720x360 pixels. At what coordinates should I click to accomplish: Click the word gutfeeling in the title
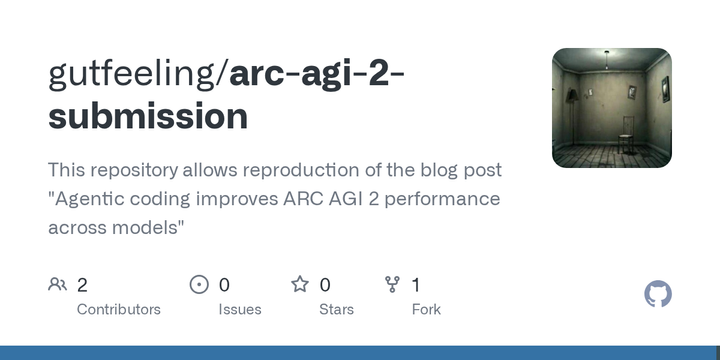[x=136, y=74]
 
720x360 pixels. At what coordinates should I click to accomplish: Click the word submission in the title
[x=147, y=117]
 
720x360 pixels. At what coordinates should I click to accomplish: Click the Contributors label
[x=118, y=309]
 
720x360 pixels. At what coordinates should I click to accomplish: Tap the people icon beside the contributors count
[x=57, y=285]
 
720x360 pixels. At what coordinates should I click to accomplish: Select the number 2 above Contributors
[x=82, y=285]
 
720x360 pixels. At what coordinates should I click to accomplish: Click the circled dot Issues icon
[x=199, y=285]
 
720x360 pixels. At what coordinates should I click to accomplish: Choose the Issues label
[x=240, y=309]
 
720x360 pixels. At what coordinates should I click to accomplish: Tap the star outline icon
[x=299, y=285]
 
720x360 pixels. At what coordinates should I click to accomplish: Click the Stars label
[x=336, y=309]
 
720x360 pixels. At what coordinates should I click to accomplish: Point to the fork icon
[x=393, y=285]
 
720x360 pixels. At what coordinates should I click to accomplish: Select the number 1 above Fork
[x=415, y=285]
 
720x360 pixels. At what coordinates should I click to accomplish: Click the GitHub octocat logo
[x=657, y=294]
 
